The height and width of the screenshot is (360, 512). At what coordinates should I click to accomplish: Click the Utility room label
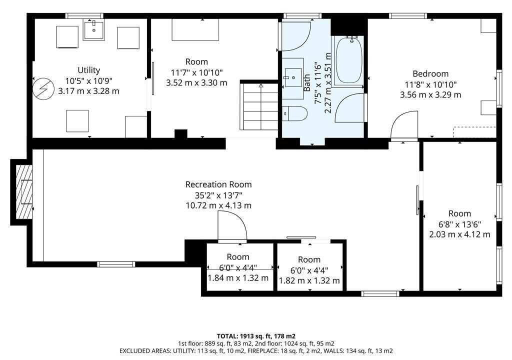pyautogui.click(x=89, y=70)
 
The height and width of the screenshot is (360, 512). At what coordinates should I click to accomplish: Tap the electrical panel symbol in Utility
pyautogui.click(x=43, y=88)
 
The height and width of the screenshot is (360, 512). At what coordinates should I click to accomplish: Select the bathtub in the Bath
pyautogui.click(x=348, y=61)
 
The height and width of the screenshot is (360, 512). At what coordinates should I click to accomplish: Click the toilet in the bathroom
pyautogui.click(x=295, y=113)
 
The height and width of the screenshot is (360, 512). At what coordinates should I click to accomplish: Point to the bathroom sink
pyautogui.click(x=293, y=77)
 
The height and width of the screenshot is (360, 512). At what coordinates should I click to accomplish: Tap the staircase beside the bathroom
pyautogui.click(x=260, y=106)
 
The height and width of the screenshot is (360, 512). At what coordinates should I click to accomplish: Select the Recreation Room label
pyautogui.click(x=218, y=184)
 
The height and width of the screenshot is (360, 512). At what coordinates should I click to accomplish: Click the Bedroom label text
pyautogui.click(x=430, y=74)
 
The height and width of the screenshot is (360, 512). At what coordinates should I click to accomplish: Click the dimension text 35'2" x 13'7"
pyautogui.click(x=218, y=195)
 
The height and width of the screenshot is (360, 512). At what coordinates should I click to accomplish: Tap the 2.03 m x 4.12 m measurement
pyautogui.click(x=459, y=234)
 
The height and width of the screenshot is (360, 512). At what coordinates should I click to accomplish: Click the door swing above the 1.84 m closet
pyautogui.click(x=232, y=225)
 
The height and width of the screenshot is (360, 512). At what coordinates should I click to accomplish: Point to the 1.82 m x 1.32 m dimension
pyautogui.click(x=309, y=280)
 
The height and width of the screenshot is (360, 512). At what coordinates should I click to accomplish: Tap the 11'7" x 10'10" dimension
pyautogui.click(x=196, y=72)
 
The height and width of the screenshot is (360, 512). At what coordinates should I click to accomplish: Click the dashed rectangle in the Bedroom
pyautogui.click(x=474, y=132)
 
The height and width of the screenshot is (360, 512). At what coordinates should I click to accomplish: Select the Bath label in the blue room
pyautogui.click(x=307, y=82)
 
